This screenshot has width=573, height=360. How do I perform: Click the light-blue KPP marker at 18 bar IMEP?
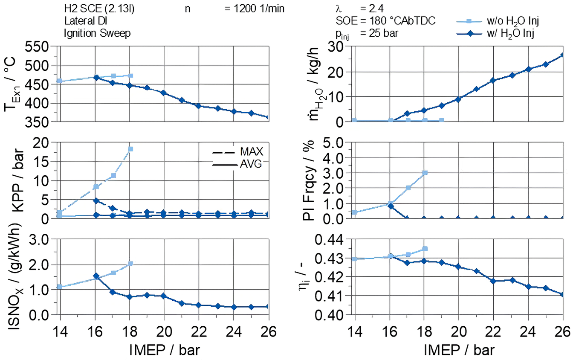click(130, 149)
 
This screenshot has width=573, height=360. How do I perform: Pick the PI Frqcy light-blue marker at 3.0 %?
click(425, 173)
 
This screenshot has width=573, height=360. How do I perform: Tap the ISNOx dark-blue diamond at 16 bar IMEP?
click(96, 276)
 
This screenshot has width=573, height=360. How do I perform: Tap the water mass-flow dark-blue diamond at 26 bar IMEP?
click(563, 55)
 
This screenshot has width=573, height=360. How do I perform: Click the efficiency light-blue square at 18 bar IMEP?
click(425, 248)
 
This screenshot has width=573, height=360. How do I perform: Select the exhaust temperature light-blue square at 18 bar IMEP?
click(130, 75)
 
